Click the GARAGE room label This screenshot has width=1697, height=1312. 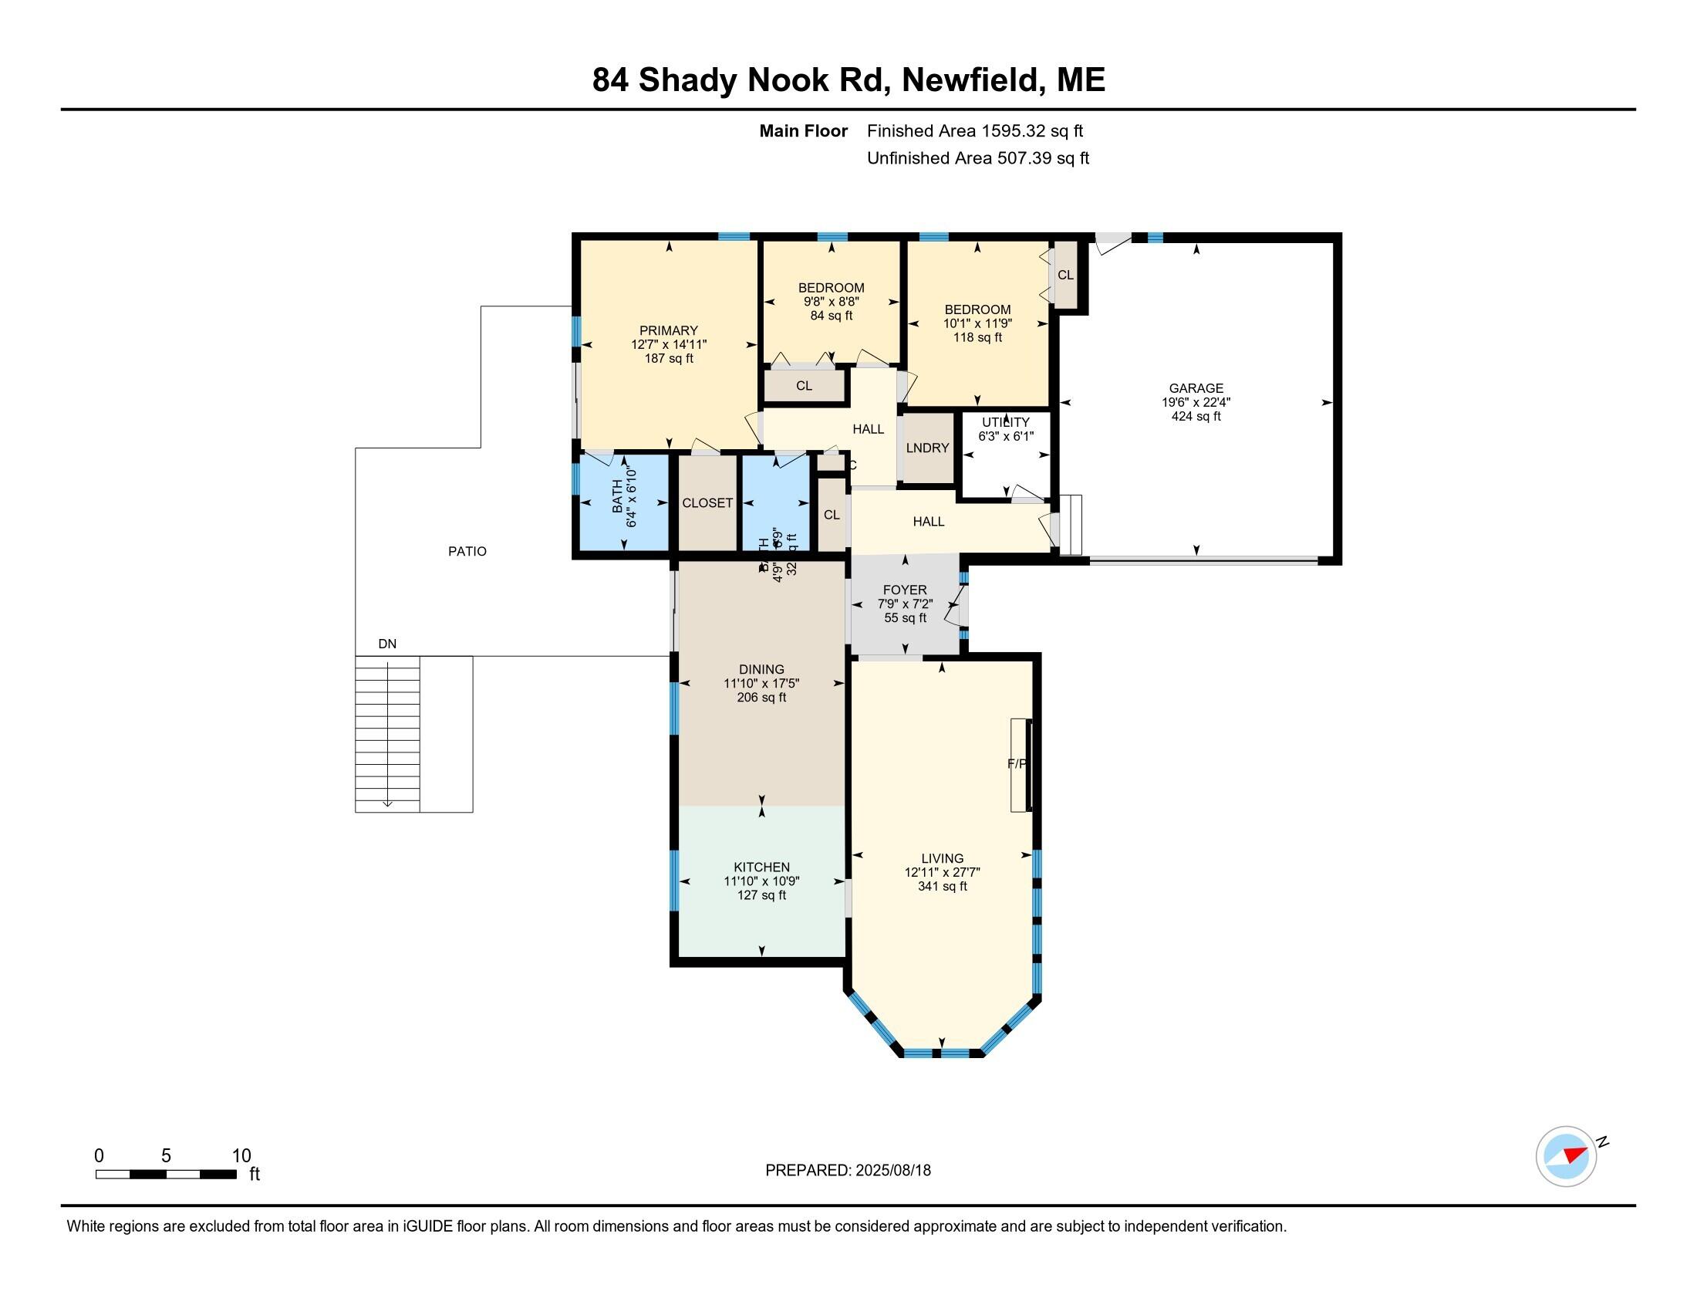pos(1196,388)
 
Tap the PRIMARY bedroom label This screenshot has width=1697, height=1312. pos(668,330)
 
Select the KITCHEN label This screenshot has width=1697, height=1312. pos(761,867)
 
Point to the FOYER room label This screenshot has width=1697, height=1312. pos(905,590)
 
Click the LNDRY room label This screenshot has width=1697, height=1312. pos(927,448)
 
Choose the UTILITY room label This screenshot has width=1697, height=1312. pos(1005,422)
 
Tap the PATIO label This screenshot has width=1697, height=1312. pos(467,551)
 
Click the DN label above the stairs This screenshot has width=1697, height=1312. pos(387,644)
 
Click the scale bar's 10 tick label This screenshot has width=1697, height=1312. pos(241,1156)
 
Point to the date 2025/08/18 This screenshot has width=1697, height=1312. pos(892,1171)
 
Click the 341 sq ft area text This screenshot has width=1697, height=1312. pos(942,886)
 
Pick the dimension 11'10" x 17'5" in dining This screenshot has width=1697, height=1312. pos(761,683)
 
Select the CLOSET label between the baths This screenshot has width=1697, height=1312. pos(707,503)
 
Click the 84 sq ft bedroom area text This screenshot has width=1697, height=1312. pos(832,316)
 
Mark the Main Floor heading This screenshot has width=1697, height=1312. pos(803,130)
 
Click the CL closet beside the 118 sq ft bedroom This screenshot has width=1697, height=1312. pos(1065,275)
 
